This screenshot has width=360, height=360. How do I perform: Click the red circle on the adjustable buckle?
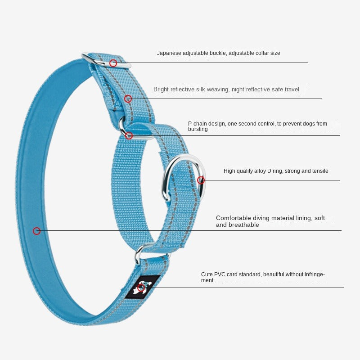[x=113, y=63]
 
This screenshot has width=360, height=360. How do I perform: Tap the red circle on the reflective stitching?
[x=128, y=99]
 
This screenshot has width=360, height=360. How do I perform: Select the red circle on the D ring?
[x=201, y=180]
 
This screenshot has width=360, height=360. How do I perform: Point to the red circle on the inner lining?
[x=37, y=231]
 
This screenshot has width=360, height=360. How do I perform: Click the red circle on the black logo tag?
[x=141, y=288]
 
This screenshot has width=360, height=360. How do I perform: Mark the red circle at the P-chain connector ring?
[x=129, y=135]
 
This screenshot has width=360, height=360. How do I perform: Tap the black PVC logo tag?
[x=143, y=286]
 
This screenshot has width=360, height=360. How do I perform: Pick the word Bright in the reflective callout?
[x=161, y=90]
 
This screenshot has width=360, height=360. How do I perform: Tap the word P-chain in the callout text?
[x=197, y=124]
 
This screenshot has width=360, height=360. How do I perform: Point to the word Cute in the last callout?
[x=207, y=274]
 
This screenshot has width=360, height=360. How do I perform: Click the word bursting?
[x=198, y=130]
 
